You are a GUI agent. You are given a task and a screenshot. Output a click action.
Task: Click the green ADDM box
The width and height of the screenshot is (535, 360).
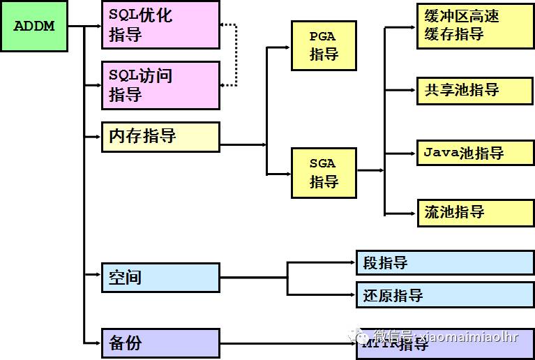tap(34, 27)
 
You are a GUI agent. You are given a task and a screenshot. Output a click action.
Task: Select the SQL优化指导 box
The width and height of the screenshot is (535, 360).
tap(160, 24)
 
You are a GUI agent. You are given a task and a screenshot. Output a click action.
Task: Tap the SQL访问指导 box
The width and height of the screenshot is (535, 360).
tap(160, 85)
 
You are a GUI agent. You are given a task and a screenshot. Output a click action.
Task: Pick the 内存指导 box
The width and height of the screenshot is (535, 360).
tap(160, 137)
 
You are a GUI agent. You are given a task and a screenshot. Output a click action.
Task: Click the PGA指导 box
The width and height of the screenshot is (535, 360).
tap(324, 45)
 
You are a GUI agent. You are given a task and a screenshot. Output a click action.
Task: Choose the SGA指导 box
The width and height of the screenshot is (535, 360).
tap(324, 173)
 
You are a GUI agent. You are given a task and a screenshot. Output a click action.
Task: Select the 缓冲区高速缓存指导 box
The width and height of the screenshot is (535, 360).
tap(475, 25)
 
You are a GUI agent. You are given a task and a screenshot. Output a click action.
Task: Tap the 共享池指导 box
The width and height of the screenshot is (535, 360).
tap(475, 90)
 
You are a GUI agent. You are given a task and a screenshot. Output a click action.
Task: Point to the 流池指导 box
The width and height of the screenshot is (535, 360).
tap(475, 212)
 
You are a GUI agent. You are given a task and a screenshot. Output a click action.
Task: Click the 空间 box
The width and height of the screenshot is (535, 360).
tap(160, 277)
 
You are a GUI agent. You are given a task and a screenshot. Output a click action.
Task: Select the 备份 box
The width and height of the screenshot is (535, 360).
tap(160, 343)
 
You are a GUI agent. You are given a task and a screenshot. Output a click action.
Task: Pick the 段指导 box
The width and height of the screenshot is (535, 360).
tap(445, 262)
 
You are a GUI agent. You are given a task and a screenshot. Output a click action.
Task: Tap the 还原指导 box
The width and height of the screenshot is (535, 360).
tap(445, 295)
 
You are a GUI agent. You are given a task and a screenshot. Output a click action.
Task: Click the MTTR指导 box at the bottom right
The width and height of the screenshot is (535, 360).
tap(445, 343)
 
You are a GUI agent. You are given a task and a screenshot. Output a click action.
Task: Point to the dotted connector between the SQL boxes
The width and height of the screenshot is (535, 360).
tap(236, 55)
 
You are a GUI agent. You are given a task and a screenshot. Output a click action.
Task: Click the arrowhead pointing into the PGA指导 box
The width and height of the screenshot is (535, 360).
tap(287, 47)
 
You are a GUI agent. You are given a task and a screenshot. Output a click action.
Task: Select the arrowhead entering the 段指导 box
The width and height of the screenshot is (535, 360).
tap(352, 262)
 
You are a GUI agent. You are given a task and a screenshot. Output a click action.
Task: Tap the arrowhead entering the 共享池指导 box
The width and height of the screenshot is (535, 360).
tap(414, 90)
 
